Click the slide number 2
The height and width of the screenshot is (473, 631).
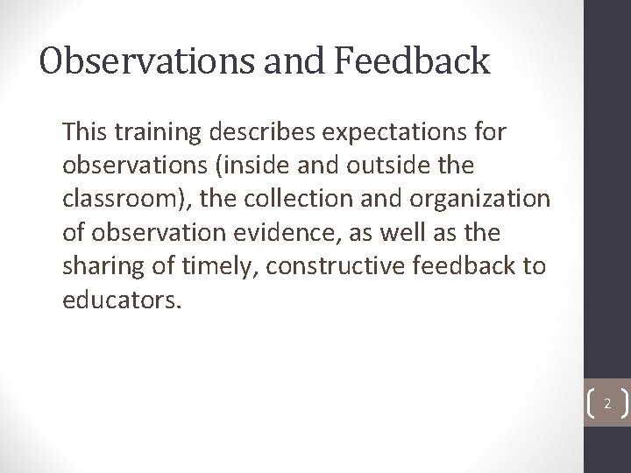click(606, 404)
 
